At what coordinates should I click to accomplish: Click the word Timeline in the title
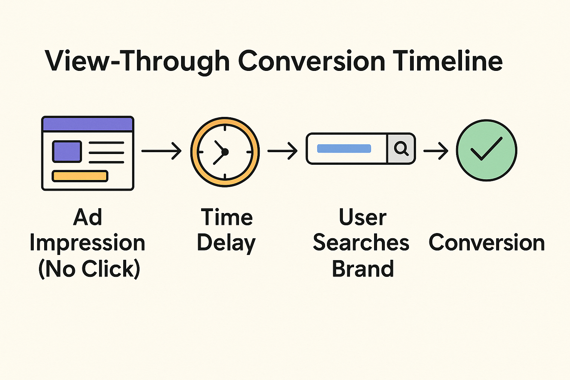pyautogui.click(x=448, y=60)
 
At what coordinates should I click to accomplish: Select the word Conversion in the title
pyautogui.click(x=312, y=61)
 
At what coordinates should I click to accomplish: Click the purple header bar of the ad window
pyautogui.click(x=88, y=124)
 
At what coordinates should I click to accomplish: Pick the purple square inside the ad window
pyautogui.click(x=67, y=151)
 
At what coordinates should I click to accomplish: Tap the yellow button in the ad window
pyautogui.click(x=80, y=176)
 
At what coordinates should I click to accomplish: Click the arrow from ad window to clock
pyautogui.click(x=161, y=151)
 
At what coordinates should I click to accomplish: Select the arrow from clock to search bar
pyautogui.click(x=282, y=151)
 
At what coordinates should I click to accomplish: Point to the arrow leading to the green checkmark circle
pyautogui.click(x=436, y=151)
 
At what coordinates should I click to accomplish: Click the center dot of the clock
pyautogui.click(x=225, y=152)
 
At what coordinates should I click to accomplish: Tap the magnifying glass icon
pyautogui.click(x=401, y=148)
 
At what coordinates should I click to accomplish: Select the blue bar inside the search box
pyautogui.click(x=344, y=149)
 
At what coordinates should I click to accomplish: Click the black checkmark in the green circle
pyautogui.click(x=486, y=149)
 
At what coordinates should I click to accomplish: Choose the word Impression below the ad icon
pyautogui.click(x=87, y=243)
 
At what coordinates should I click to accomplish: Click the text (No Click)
pyautogui.click(x=89, y=269)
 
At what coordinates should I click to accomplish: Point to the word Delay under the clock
pyautogui.click(x=226, y=243)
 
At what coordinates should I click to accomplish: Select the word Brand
pyautogui.click(x=363, y=269)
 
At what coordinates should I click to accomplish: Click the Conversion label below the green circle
pyautogui.click(x=487, y=242)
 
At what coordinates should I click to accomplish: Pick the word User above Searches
pyautogui.click(x=363, y=217)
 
